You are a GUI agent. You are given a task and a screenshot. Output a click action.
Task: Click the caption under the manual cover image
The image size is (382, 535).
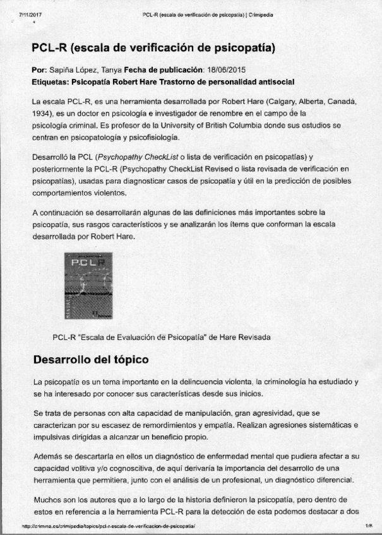[162, 337]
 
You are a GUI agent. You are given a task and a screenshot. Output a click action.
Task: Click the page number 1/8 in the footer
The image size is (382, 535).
[368, 525]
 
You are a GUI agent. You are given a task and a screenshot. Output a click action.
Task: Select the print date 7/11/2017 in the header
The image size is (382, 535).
[30, 13]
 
